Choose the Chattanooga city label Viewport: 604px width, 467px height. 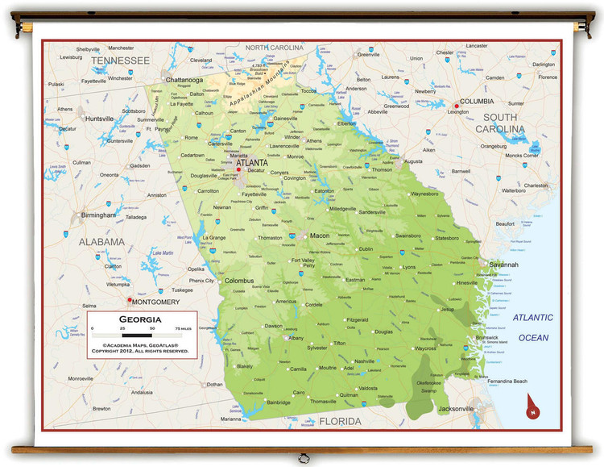tap(184, 80)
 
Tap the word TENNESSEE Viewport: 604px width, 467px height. tap(120, 60)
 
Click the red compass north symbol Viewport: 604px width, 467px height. tap(532, 407)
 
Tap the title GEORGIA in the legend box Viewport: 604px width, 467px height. tap(141, 319)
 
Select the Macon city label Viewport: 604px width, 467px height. tap(320, 236)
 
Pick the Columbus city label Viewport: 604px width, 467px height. tap(238, 281)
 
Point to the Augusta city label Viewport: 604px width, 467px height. tap(412, 161)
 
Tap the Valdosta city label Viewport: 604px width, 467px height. tap(368, 388)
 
